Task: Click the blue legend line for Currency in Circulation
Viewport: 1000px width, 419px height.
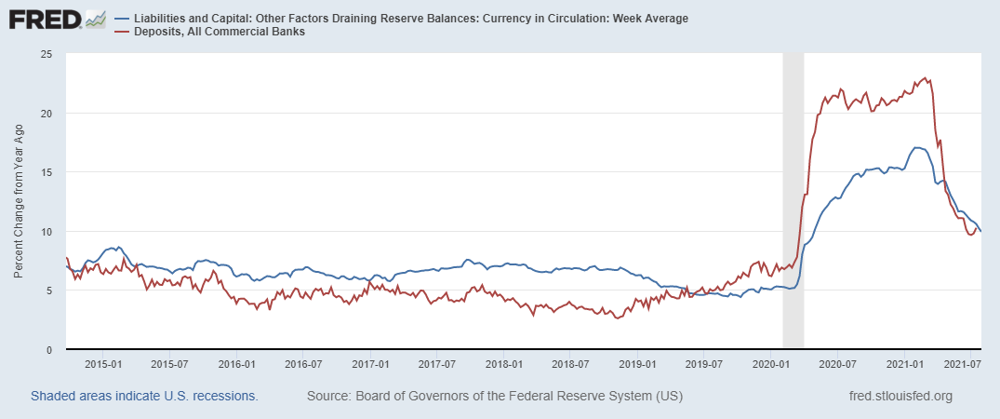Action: (x=122, y=19)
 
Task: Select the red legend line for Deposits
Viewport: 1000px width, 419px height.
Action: (x=122, y=32)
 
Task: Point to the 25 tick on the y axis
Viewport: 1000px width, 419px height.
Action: (x=46, y=54)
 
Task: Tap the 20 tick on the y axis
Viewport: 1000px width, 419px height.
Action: (x=46, y=113)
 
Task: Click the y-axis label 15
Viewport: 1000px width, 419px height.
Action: (x=46, y=172)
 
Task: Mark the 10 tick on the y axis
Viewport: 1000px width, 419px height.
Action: (x=46, y=231)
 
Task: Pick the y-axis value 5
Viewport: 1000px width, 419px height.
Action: (x=48, y=291)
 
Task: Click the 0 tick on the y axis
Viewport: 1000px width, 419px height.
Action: (x=48, y=349)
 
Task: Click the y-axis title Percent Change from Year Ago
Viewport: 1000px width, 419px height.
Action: (x=20, y=202)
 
